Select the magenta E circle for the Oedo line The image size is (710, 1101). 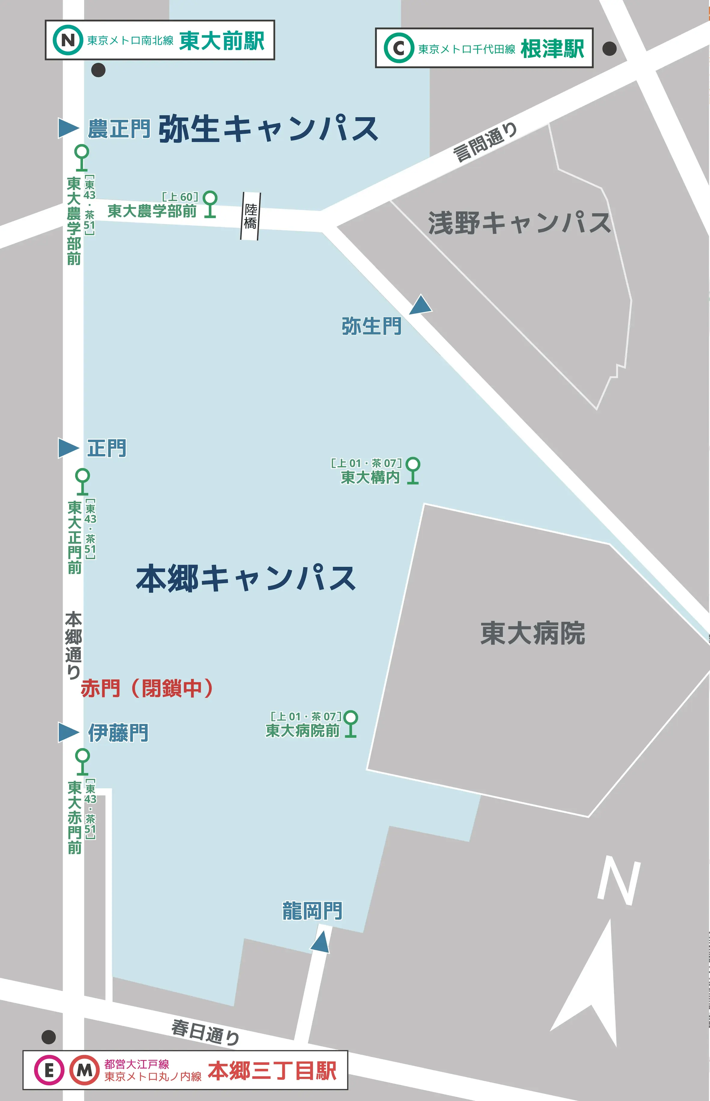(x=48, y=1070)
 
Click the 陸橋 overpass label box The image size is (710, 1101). (x=250, y=216)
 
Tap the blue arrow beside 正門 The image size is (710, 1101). (x=68, y=448)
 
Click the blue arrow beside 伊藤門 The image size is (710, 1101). (x=68, y=732)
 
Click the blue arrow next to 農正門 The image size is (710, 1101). (x=68, y=128)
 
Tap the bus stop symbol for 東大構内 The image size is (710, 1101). (x=413, y=470)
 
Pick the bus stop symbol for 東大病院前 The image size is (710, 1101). (x=351, y=724)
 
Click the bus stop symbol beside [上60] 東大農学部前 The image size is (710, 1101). (x=210, y=204)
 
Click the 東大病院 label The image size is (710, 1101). (x=532, y=633)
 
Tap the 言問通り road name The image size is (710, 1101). (x=485, y=142)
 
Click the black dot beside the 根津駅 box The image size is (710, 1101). (x=609, y=48)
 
